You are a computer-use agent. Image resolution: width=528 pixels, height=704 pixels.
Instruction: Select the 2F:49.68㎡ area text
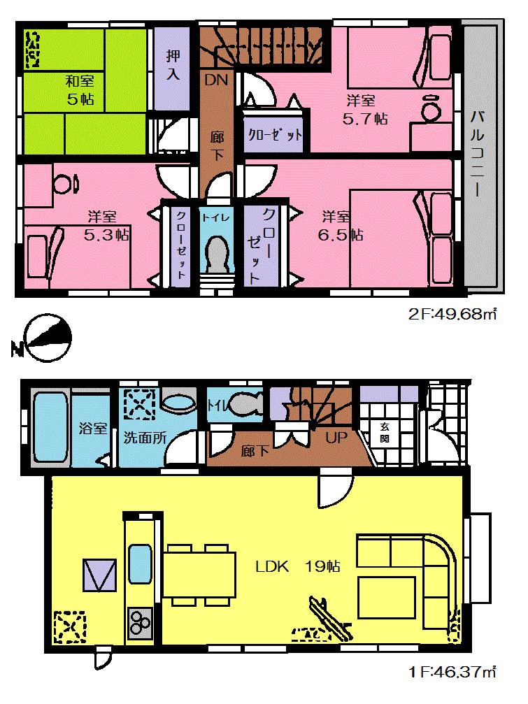click(452, 315)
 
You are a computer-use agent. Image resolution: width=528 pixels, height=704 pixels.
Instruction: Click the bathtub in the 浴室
click(50, 429)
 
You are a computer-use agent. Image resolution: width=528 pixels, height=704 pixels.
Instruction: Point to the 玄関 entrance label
click(384, 434)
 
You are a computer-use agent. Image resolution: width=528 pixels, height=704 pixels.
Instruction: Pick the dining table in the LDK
click(200, 570)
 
